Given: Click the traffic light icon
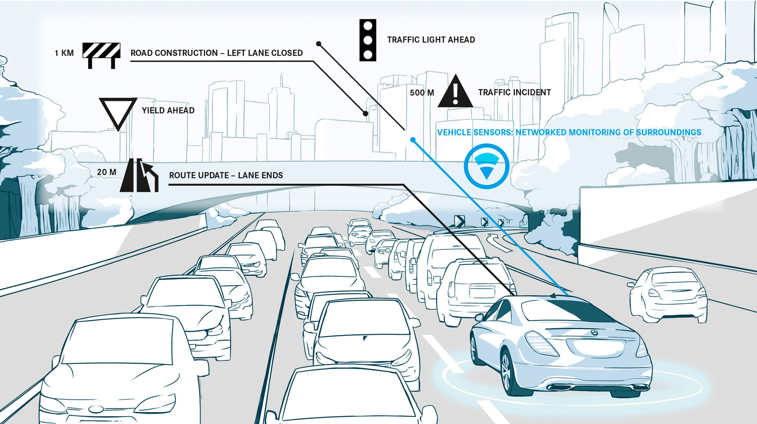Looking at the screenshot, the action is tap(368, 40).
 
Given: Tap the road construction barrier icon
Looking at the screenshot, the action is tap(101, 55).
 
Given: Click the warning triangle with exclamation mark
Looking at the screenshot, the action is tap(455, 91).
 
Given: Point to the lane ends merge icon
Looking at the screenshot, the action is tap(139, 175).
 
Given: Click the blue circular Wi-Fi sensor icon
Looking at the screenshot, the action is tap(487, 166).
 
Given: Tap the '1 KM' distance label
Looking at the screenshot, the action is tap(64, 53).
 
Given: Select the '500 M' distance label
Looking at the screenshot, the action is tap(422, 93).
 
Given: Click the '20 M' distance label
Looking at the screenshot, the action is tap(107, 172).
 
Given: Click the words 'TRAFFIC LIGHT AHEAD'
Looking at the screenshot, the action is tap(431, 40).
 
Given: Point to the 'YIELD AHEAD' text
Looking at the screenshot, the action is tap(168, 110).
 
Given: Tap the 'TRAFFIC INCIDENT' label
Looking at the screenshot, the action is tap(514, 92).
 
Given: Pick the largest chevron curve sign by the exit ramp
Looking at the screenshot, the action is tap(459, 221).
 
